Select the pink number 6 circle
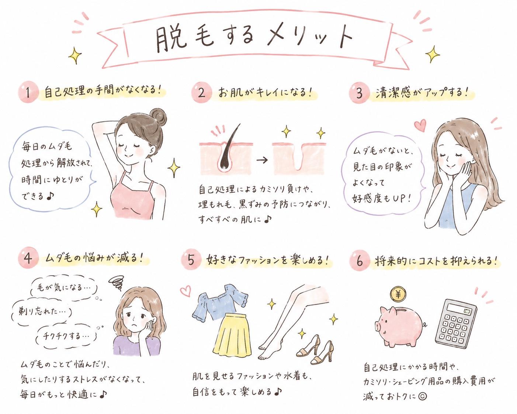point(359,261)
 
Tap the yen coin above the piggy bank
point(398,294)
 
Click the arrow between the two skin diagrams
point(262,160)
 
